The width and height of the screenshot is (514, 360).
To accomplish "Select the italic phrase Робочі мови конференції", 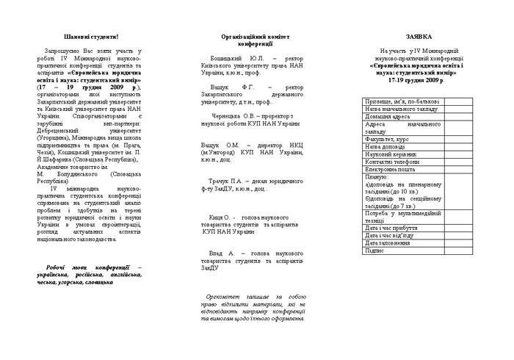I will (x=88, y=267).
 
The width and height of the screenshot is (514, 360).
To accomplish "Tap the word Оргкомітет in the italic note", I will (x=222, y=296).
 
